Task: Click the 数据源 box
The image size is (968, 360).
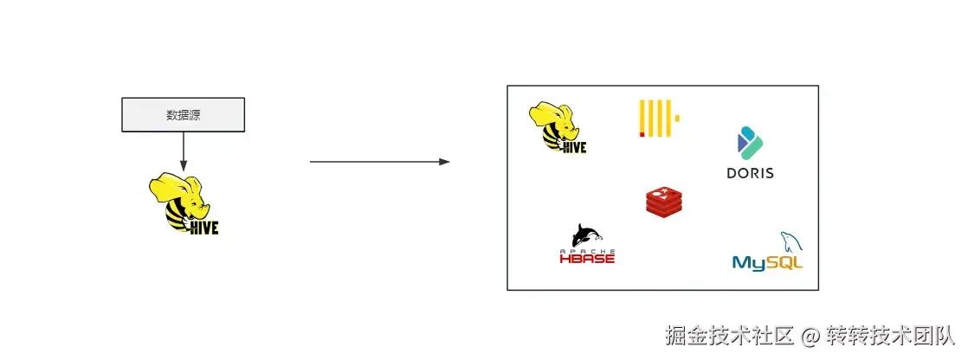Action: coord(183,114)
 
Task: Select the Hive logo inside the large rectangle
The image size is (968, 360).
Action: coord(558,127)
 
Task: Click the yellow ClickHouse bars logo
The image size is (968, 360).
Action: coord(658,119)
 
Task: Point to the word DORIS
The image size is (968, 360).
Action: coord(750,173)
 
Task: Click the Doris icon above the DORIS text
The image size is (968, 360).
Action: coord(747,143)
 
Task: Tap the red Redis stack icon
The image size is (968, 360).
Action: coord(663,201)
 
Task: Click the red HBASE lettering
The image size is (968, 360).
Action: coord(587,257)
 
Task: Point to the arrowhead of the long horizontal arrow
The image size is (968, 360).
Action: coord(444,162)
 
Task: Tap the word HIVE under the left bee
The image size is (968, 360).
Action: coord(204,228)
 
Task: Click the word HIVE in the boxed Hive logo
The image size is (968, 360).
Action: coord(574,147)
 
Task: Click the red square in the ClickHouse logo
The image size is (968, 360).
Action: coord(642,134)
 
